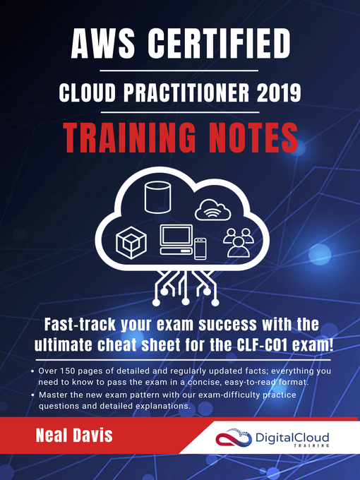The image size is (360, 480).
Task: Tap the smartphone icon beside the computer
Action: click(200, 247)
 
